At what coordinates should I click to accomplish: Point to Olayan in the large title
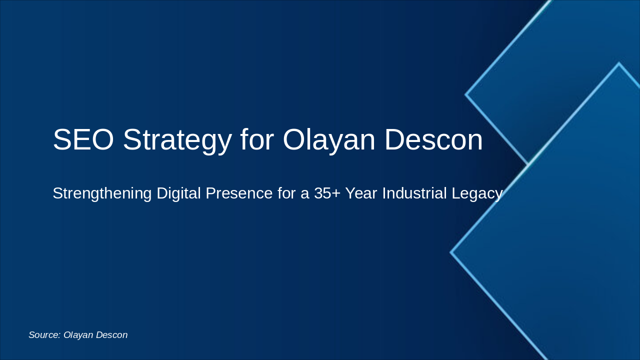328,139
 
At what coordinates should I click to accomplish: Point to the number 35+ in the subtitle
327,193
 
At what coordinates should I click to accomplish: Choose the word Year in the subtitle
361,193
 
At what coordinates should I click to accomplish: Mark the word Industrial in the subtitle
414,193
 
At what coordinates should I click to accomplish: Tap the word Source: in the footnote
44,335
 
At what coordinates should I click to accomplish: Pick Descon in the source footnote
111,335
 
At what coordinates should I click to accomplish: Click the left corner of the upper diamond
466,94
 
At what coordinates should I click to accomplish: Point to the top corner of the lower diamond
619,63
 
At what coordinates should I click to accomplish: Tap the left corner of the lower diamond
451,252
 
